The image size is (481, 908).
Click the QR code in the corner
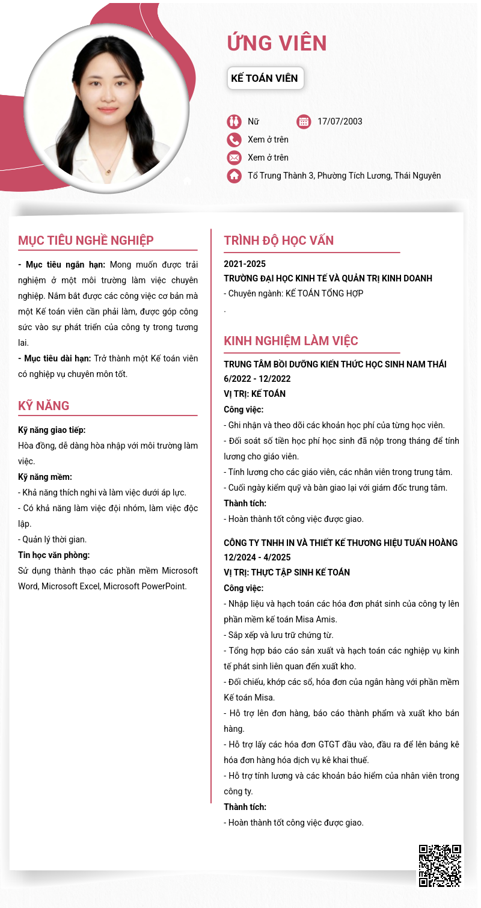tap(440, 865)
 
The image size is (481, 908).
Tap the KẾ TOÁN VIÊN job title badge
tap(265, 78)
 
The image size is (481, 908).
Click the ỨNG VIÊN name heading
tap(277, 43)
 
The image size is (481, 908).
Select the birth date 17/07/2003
tap(340, 121)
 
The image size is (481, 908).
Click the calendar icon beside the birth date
tap(304, 121)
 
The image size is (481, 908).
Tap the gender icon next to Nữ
tap(234, 121)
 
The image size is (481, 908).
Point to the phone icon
tap(234, 140)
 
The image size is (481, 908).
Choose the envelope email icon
tap(234, 158)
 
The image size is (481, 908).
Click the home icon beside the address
tap(234, 176)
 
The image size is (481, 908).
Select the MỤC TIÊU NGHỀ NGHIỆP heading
tap(86, 241)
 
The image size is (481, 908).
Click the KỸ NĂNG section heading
tap(44, 406)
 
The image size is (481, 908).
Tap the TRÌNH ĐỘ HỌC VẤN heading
tap(279, 241)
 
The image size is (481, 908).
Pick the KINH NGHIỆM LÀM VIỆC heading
tap(291, 341)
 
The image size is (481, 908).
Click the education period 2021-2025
tap(245, 264)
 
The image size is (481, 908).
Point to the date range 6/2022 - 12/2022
tap(257, 379)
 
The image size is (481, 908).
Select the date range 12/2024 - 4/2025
tap(257, 557)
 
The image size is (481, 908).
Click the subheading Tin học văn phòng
tap(54, 555)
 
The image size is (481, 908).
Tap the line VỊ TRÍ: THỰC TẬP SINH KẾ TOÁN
tap(287, 572)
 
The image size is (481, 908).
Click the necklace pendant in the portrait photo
tap(108, 172)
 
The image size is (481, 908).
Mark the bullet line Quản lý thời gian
tap(52, 539)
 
